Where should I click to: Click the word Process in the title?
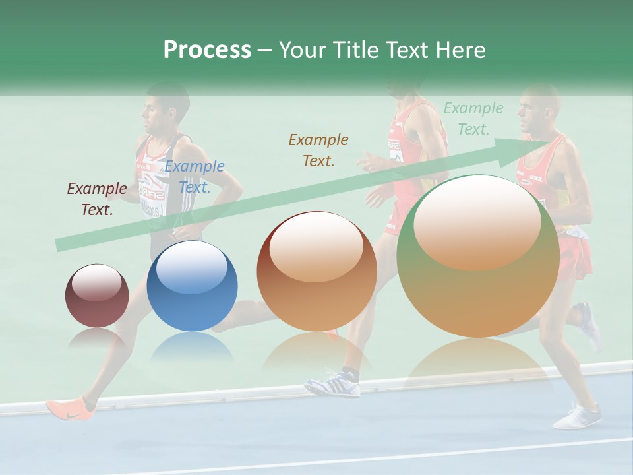[207, 50]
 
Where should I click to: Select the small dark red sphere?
[97, 296]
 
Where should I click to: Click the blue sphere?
[192, 286]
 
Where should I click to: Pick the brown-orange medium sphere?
[316, 271]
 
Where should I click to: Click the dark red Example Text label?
[96, 199]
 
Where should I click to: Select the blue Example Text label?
[194, 177]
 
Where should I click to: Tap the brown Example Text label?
[318, 150]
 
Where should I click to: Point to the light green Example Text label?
[473, 119]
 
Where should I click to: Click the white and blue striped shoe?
[334, 385]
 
